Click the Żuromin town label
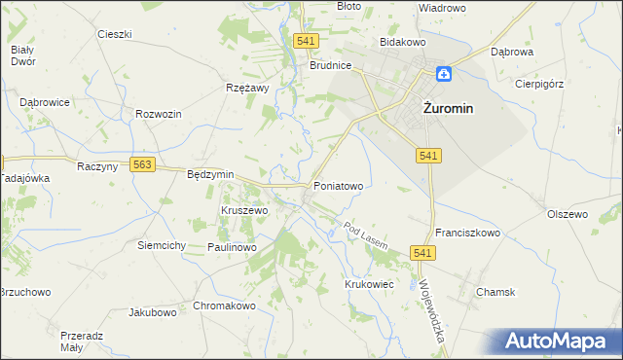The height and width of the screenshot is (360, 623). click(x=448, y=109)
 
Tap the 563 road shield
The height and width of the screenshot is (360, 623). click(x=143, y=165)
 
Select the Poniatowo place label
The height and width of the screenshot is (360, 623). click(x=338, y=185)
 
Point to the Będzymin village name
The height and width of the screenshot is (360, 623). click(x=210, y=174)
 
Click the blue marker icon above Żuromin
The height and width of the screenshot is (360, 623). click(x=443, y=73)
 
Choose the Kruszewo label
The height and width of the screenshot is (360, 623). click(x=244, y=210)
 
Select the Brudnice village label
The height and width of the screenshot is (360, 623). click(x=330, y=66)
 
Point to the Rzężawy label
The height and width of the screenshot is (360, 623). click(x=247, y=88)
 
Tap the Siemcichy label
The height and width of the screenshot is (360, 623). click(x=162, y=245)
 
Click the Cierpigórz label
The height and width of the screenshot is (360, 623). click(x=539, y=84)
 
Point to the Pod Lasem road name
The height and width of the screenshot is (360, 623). click(x=366, y=236)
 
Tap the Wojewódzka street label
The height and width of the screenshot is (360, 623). click(x=430, y=306)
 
